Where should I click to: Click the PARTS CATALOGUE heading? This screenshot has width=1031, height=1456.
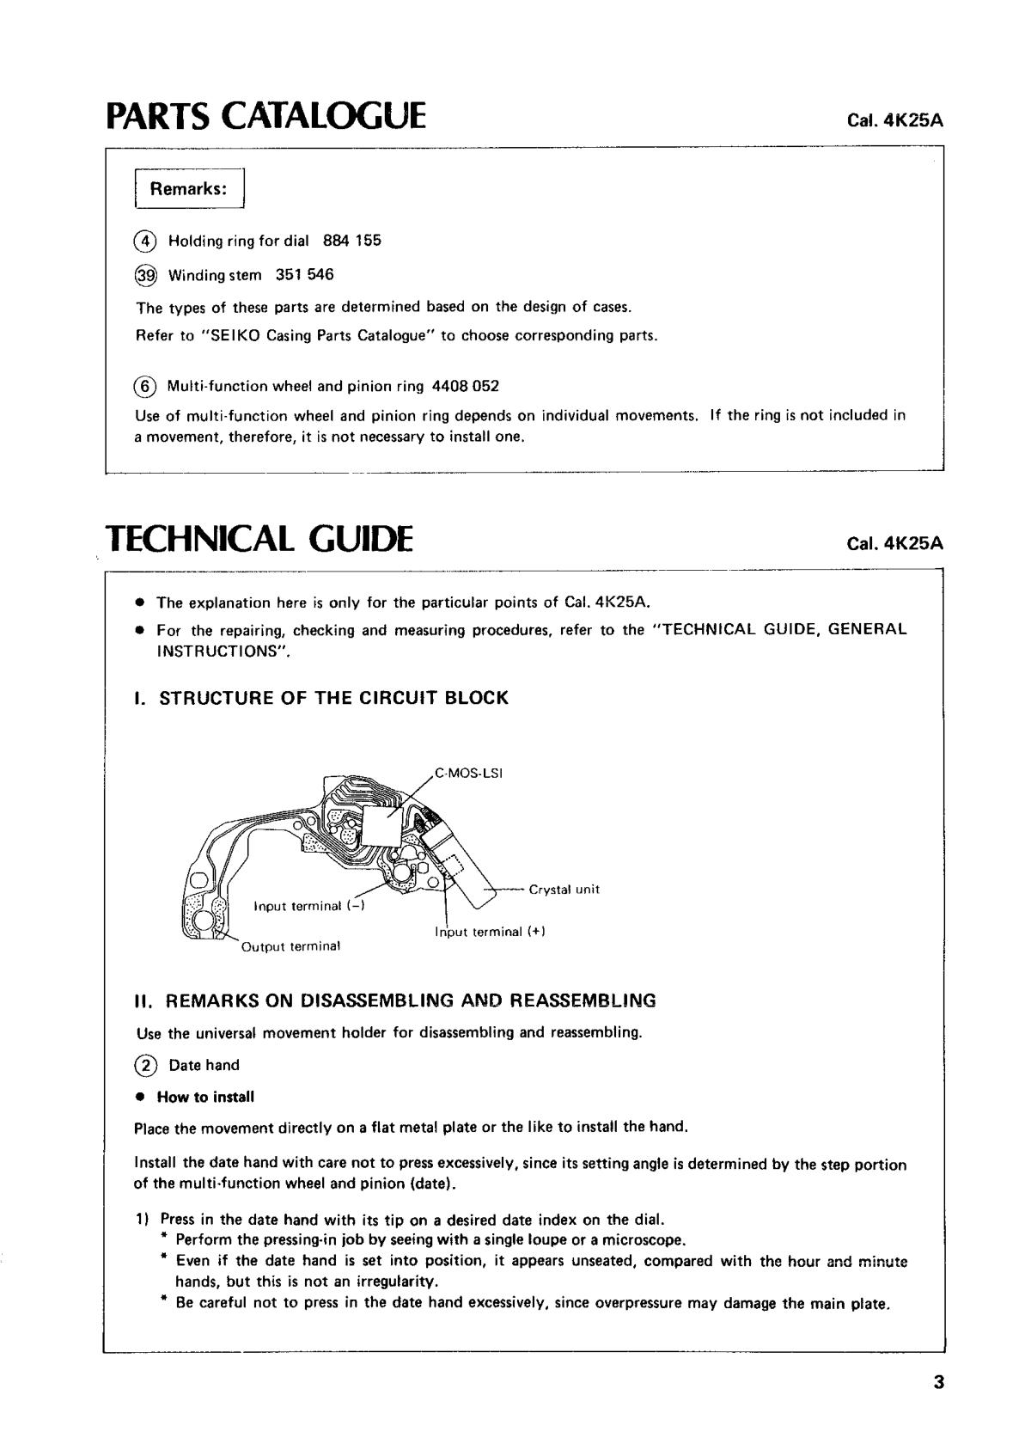[265, 115]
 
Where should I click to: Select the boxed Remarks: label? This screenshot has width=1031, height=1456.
[189, 189]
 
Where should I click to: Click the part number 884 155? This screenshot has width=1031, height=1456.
[352, 241]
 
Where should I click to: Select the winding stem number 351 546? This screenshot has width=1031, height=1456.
[305, 275]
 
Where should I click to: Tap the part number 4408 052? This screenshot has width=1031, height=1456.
[466, 386]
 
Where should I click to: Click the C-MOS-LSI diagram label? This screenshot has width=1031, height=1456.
[468, 773]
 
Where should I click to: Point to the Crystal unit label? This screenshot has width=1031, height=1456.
[564, 890]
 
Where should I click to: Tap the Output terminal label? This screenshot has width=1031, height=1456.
[291, 946]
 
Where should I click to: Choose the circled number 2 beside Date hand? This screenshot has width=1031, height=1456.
[146, 1066]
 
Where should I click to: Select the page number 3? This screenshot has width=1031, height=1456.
[938, 1383]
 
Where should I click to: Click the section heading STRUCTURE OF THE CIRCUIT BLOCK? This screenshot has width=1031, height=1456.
[333, 698]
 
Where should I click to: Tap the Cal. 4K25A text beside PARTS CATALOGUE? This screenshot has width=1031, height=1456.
[895, 120]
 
